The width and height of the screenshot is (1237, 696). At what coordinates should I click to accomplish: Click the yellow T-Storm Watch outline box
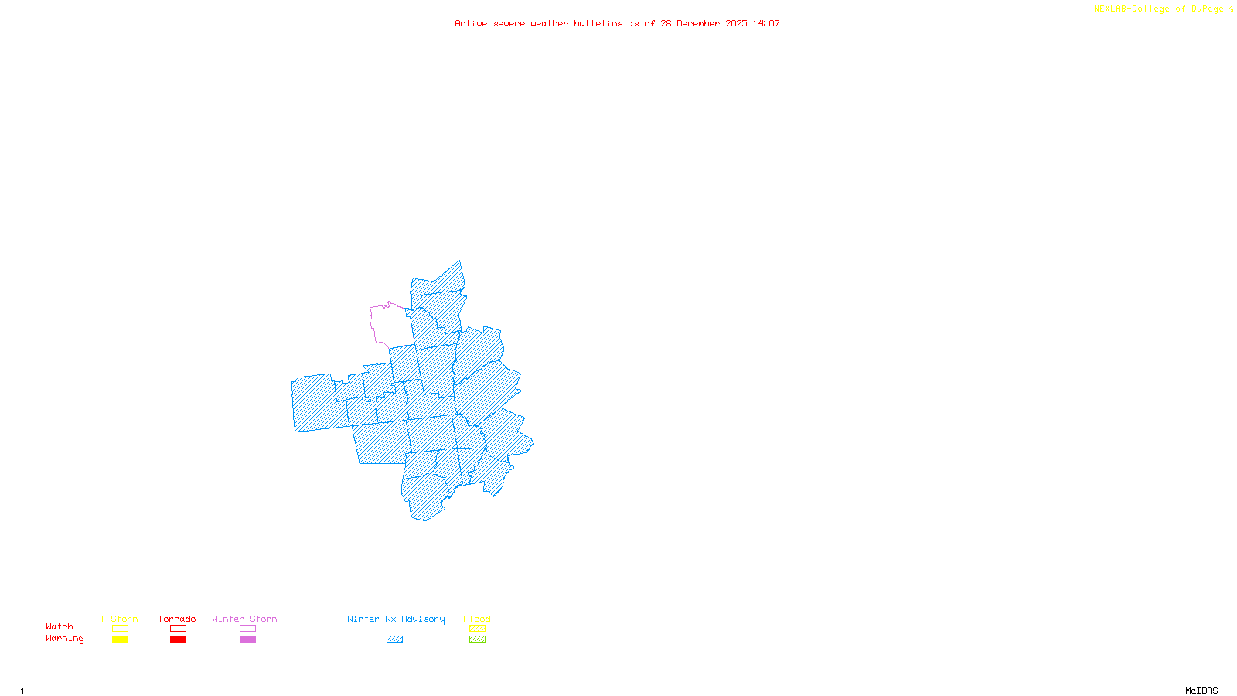[120, 629]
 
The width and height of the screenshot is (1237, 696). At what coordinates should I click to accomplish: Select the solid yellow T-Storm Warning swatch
[120, 640]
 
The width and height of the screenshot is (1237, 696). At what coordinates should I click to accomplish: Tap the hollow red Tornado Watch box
[178, 629]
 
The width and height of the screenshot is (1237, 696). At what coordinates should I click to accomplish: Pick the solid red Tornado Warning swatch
[178, 640]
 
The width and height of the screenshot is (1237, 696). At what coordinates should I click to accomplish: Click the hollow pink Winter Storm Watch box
[247, 629]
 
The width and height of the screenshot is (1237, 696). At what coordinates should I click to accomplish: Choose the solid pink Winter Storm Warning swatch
[247, 640]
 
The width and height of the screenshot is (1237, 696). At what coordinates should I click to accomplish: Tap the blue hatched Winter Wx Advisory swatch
[394, 640]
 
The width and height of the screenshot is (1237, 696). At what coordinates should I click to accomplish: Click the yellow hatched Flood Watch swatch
[477, 629]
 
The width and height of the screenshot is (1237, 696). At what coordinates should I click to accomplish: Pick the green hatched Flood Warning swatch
[477, 640]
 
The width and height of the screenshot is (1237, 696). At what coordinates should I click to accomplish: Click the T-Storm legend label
[119, 619]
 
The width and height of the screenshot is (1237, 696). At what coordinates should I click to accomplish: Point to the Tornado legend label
[177, 619]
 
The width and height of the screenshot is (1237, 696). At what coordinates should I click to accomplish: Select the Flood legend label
[477, 619]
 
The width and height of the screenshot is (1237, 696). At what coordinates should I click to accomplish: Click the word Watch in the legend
[60, 627]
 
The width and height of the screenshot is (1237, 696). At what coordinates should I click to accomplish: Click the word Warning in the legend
[65, 639]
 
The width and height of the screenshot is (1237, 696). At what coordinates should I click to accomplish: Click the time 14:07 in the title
[766, 23]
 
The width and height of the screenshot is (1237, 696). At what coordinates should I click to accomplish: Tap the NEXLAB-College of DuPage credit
[1159, 9]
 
